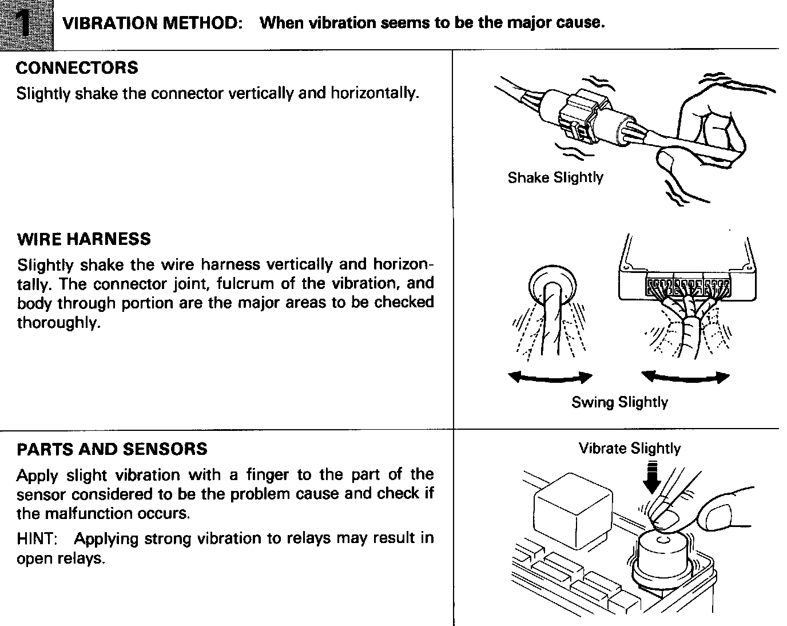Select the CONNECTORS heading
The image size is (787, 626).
pyautogui.click(x=77, y=68)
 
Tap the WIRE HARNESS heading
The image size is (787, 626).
pyautogui.click(x=84, y=239)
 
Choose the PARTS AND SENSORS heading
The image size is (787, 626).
pyautogui.click(x=112, y=449)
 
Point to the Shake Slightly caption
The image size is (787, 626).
pyautogui.click(x=555, y=177)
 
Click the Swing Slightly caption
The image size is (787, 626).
pyautogui.click(x=619, y=402)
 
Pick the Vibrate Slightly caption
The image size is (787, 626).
pyautogui.click(x=630, y=448)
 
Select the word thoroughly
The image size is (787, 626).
pyautogui.click(x=58, y=323)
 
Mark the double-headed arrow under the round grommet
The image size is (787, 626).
pyautogui.click(x=550, y=377)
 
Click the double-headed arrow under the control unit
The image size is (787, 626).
pyautogui.click(x=685, y=377)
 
